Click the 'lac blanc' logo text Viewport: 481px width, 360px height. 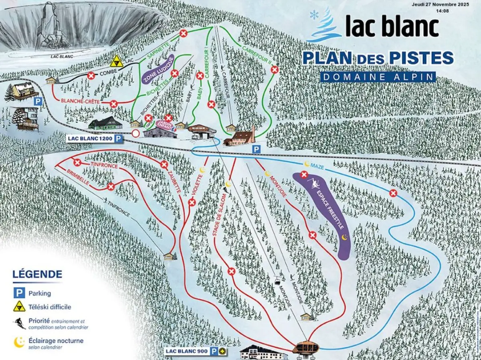pos(392,28)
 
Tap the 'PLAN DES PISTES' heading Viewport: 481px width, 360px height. pos(378,58)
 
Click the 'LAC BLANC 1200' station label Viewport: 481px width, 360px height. pos(90,139)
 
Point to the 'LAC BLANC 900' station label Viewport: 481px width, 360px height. pos(187,351)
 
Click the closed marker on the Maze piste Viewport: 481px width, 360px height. pos(393,193)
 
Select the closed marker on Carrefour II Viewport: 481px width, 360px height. pos(275,69)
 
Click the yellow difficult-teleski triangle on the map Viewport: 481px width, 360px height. pos(117,61)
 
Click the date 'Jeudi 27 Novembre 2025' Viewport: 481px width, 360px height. pos(440,5)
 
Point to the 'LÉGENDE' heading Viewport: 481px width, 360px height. pos(37,275)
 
